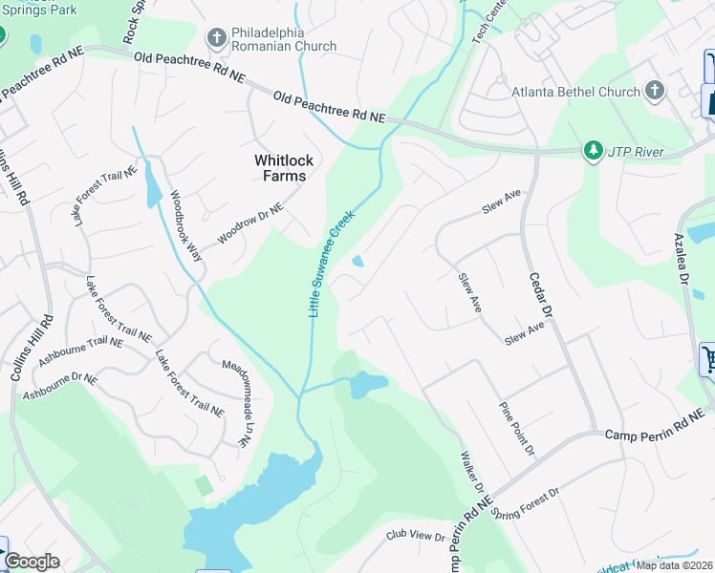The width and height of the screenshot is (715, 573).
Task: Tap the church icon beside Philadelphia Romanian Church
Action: pyautogui.click(x=216, y=38)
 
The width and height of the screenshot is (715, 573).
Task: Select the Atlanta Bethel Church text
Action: pyautogui.click(x=574, y=92)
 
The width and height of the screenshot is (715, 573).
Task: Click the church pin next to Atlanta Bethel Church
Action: pyautogui.click(x=655, y=91)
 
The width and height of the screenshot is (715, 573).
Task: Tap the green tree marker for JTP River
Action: pyautogui.click(x=594, y=151)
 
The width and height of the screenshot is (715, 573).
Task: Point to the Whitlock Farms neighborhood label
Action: pyautogui.click(x=280, y=168)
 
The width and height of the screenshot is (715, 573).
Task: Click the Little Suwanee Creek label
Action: pyautogui.click(x=331, y=264)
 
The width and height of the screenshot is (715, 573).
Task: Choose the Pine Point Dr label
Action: pyautogui.click(x=517, y=427)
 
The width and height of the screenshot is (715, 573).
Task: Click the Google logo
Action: pyautogui.click(x=32, y=562)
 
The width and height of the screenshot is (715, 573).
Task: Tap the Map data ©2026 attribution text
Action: pyautogui.click(x=675, y=565)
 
